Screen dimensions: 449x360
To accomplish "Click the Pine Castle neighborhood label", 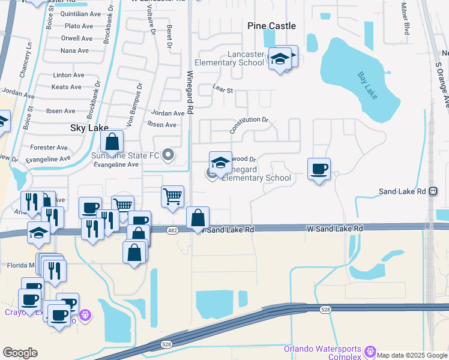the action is click(x=272, y=26).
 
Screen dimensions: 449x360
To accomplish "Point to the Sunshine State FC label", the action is click(x=125, y=155).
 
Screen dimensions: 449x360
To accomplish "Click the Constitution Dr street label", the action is click(x=249, y=124).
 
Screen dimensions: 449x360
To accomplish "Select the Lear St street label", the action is click(x=222, y=88).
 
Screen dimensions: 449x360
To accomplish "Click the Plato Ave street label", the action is click(x=79, y=26).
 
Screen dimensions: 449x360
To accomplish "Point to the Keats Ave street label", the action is click(x=67, y=87).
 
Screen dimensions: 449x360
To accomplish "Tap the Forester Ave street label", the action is click(x=49, y=147).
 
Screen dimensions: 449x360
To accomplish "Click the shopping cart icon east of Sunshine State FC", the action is click(x=173, y=196).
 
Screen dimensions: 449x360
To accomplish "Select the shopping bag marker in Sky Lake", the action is click(x=112, y=143).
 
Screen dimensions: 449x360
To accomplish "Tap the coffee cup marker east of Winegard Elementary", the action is click(x=319, y=169).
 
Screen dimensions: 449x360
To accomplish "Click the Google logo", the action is click(x=20, y=353).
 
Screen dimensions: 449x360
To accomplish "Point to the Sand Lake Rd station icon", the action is click(x=433, y=191).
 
